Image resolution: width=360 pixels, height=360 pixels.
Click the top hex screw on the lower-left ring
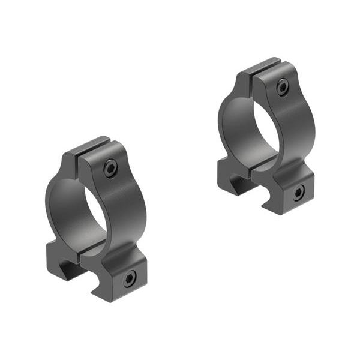tap(110, 169)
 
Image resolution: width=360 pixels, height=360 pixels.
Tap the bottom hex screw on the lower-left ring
tap(128, 278)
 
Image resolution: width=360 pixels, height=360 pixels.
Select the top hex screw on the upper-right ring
tap(282, 88)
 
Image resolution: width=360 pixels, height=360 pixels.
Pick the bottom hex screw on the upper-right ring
tap(298, 192)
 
